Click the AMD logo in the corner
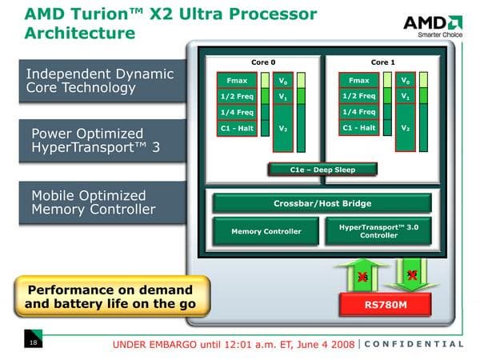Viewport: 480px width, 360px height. click(433, 23)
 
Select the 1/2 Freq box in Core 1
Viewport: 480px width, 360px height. click(358, 96)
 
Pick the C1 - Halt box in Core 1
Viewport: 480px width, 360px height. click(358, 128)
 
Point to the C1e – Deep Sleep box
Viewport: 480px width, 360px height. click(322, 169)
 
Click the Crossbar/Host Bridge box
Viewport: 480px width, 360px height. click(322, 203)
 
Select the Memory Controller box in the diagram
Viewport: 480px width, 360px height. click(266, 231)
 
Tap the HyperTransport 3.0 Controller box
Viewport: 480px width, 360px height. click(378, 230)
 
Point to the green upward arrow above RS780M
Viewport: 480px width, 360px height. click(362, 274)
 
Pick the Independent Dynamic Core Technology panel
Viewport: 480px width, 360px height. click(99, 80)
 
